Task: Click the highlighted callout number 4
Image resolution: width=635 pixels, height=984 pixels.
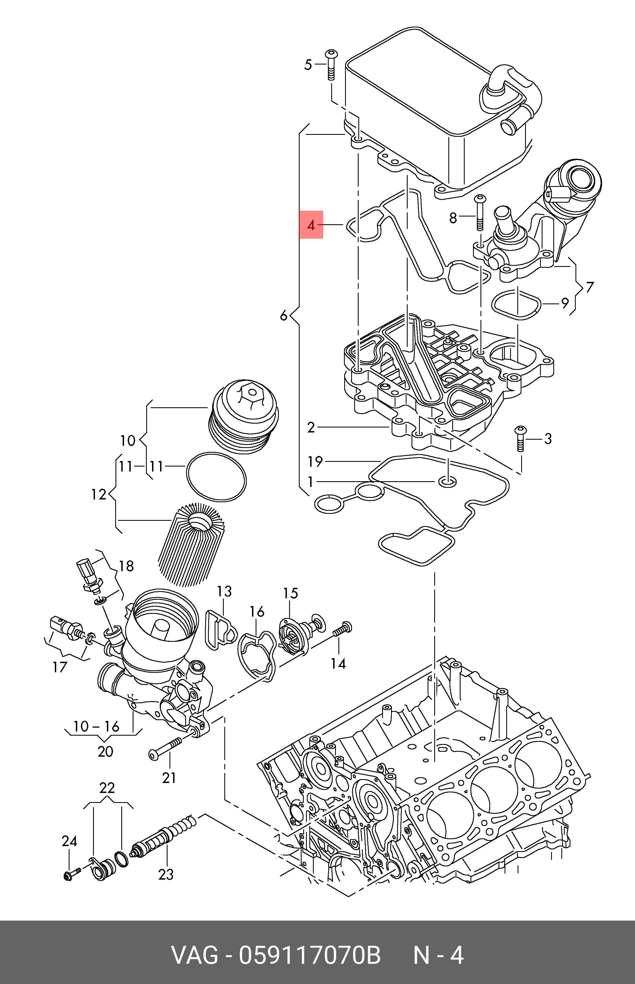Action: point(311,225)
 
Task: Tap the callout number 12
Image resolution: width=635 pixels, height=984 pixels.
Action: point(99,494)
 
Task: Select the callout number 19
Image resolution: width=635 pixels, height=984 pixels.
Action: point(315,461)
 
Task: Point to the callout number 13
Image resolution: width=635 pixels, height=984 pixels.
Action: point(225,592)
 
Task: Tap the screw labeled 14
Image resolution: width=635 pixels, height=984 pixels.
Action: point(342,630)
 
